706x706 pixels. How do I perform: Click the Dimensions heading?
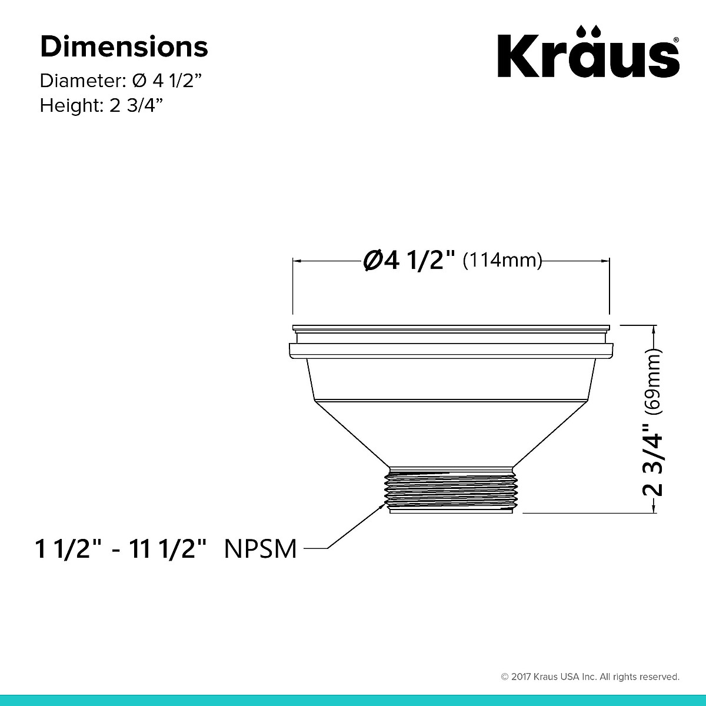pyautogui.click(x=124, y=47)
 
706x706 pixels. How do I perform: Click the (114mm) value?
pyautogui.click(x=502, y=259)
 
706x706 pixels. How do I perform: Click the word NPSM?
pyautogui.click(x=261, y=549)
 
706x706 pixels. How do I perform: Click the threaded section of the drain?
pyautogui.click(x=451, y=490)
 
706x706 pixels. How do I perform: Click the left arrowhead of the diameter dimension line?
pyautogui.click(x=297, y=259)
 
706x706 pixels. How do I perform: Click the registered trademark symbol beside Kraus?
pyautogui.click(x=676, y=40)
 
